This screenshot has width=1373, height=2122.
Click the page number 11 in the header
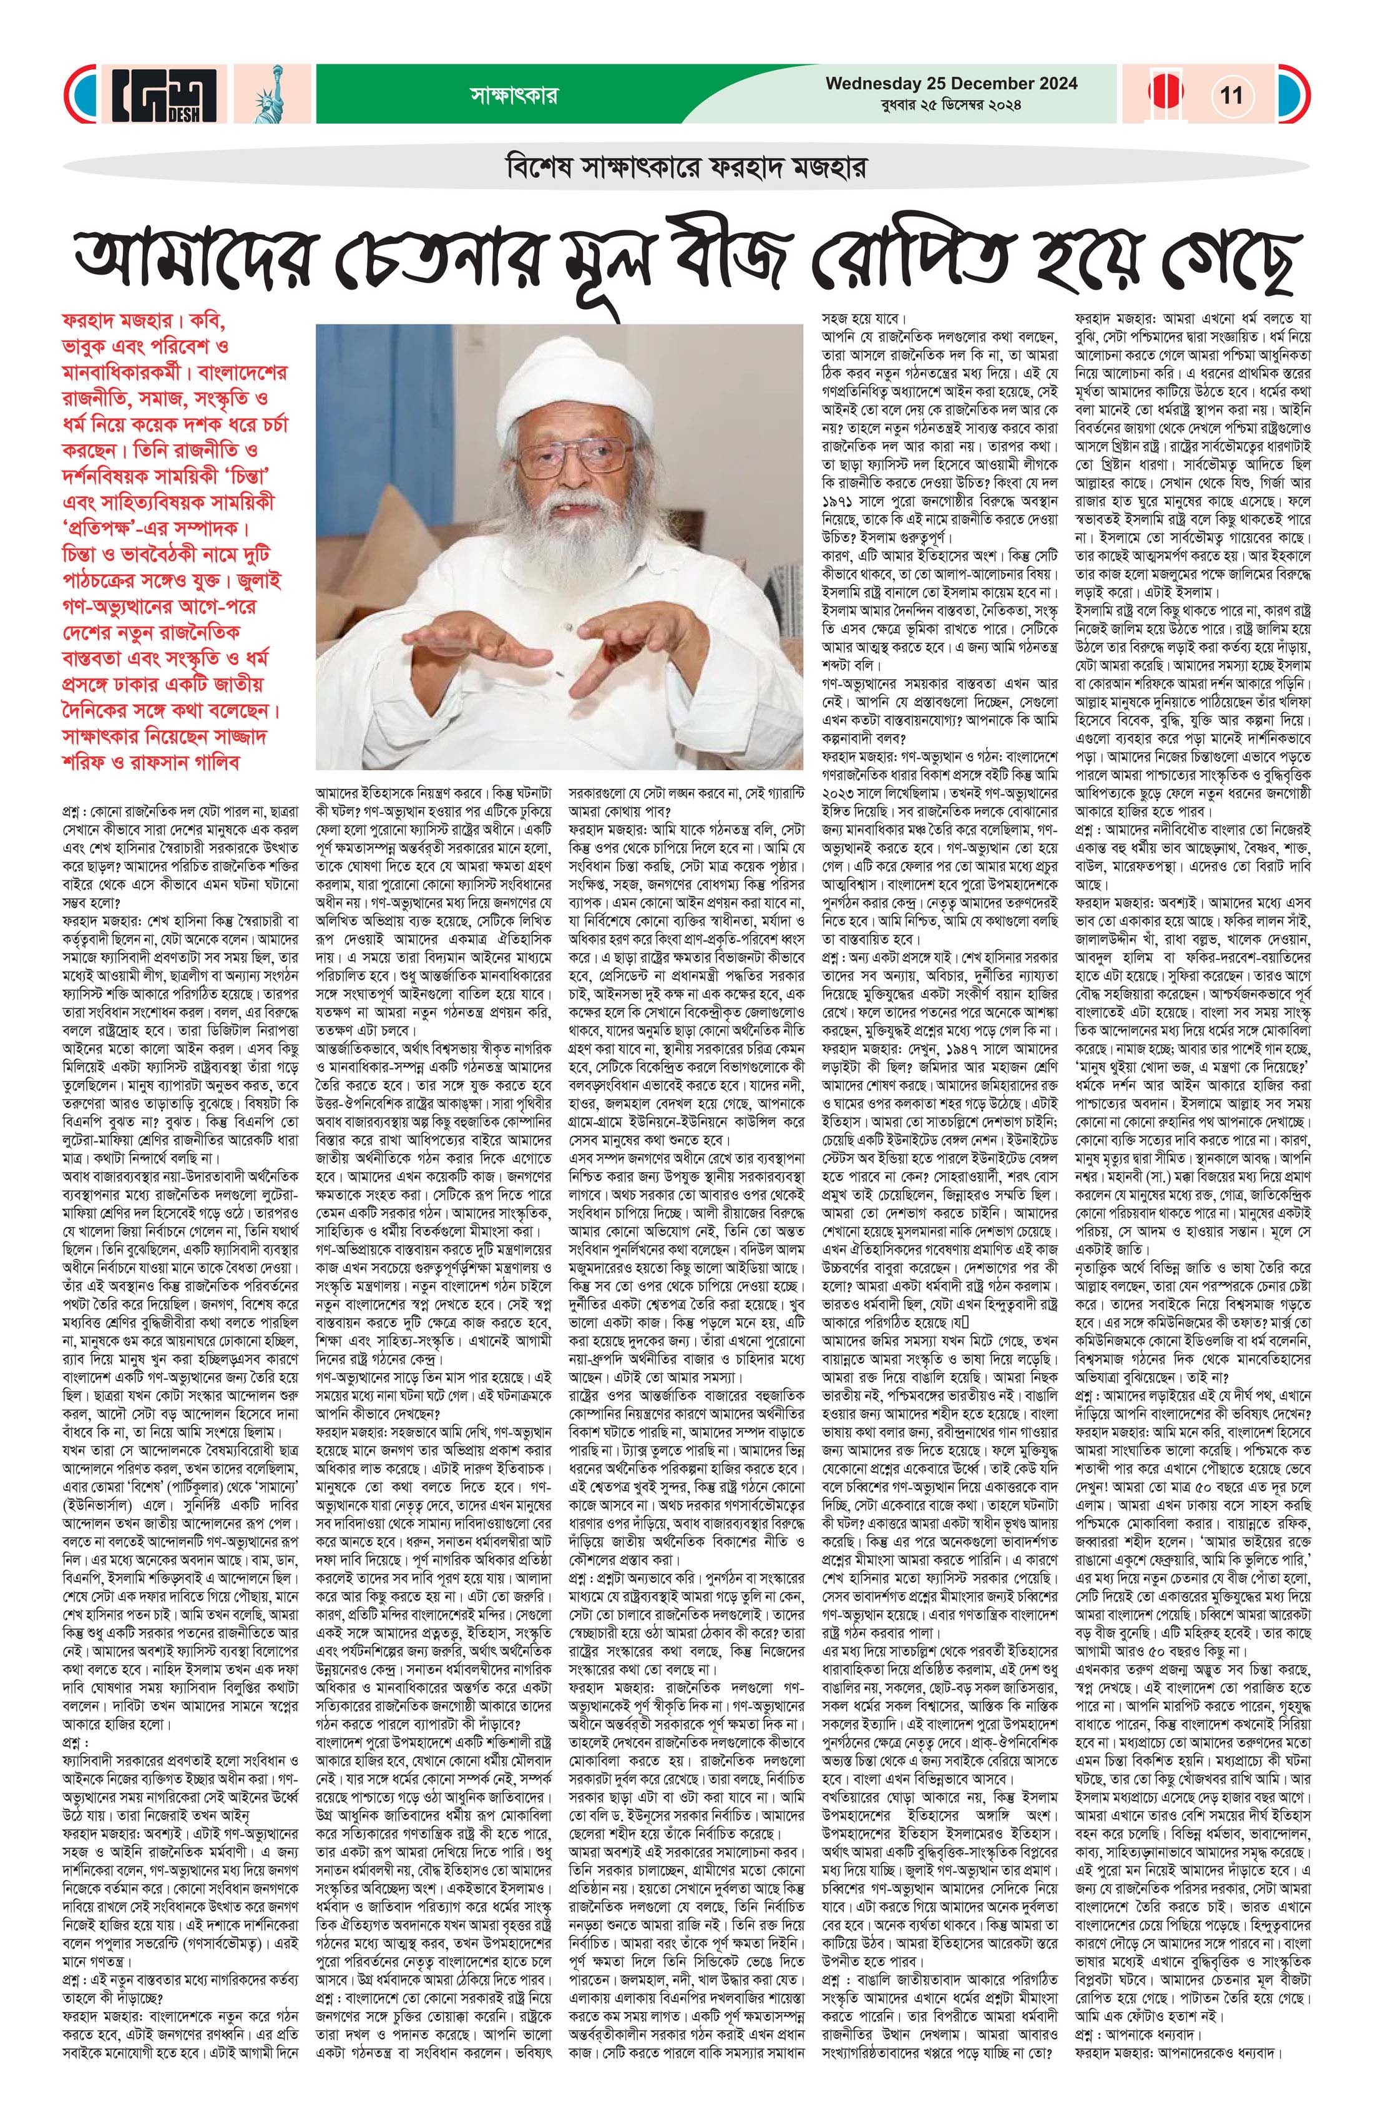coord(1231,95)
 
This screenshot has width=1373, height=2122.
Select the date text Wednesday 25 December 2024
coord(951,84)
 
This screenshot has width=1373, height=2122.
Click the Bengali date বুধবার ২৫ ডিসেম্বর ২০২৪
coord(951,105)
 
